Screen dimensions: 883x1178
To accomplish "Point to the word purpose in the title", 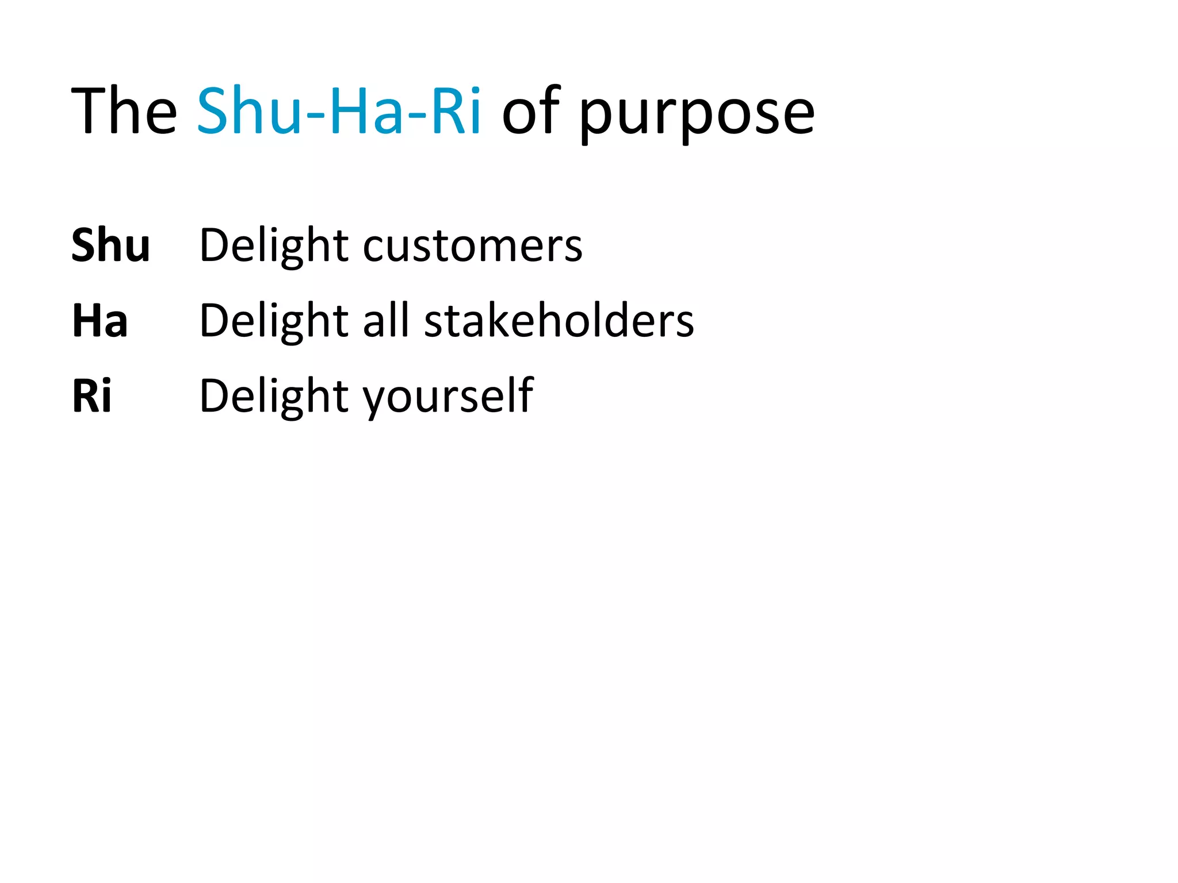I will (697, 115).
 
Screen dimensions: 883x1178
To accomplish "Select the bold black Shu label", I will (110, 245).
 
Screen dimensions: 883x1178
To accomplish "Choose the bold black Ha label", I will (100, 321).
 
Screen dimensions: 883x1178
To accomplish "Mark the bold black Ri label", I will (91, 396).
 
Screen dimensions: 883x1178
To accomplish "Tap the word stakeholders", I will (559, 321).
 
